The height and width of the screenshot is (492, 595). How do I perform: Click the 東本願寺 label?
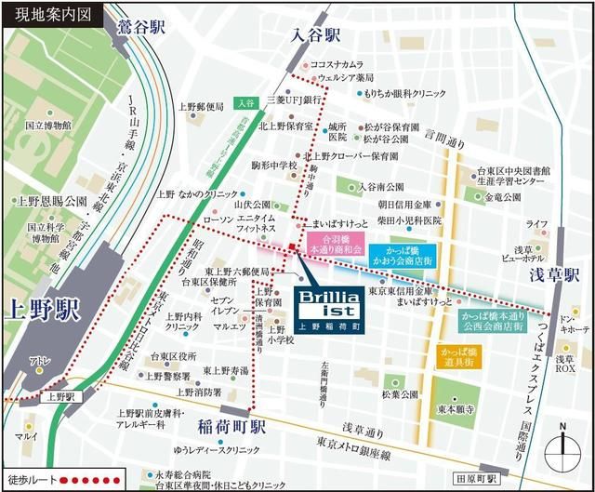tap(457, 407)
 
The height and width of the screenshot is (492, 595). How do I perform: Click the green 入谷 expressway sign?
tap(245, 102)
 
